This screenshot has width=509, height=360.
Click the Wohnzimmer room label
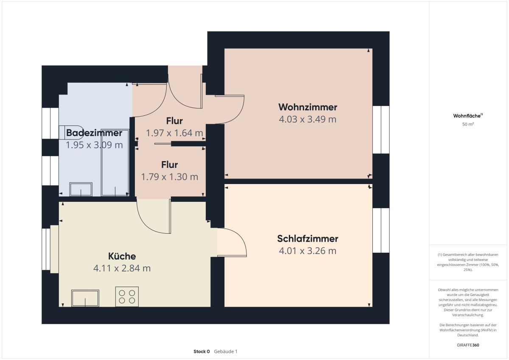(308, 107)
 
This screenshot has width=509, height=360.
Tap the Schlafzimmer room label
(308, 239)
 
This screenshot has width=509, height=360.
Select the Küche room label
(122, 256)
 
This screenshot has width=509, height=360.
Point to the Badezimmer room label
(94, 133)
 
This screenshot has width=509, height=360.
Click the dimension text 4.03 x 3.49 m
(308, 119)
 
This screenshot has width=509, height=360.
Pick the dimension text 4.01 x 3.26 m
(308, 251)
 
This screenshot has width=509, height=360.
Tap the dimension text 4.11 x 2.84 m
(122, 268)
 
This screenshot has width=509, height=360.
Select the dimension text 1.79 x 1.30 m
(170, 177)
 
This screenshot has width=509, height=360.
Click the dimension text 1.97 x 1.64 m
(174, 133)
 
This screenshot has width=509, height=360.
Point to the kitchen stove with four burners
(127, 297)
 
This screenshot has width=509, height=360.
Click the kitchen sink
(85, 298)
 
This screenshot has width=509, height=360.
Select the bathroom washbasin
(81, 189)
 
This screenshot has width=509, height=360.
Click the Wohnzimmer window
(381, 129)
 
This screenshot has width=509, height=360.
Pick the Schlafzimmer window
(381, 230)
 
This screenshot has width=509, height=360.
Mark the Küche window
(46, 249)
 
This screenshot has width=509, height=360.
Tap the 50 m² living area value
(468, 124)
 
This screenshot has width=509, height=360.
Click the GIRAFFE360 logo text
(468, 345)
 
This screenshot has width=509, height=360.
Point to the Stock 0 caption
(201, 352)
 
